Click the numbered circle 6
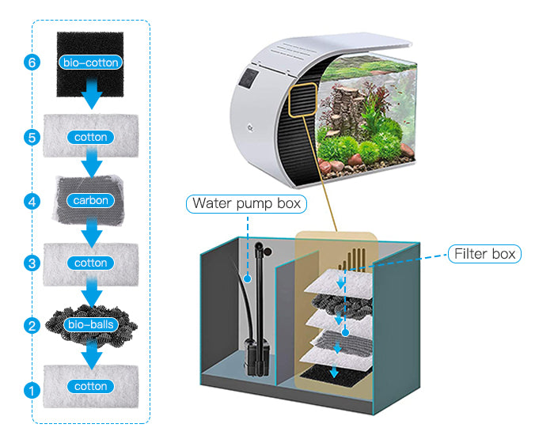click(32, 63)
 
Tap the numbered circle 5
click(32, 137)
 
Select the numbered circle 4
click(32, 202)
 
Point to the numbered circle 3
click(32, 263)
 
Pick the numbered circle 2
click(32, 325)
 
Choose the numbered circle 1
click(32, 389)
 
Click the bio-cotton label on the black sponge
click(91, 61)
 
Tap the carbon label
click(91, 200)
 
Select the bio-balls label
click(91, 324)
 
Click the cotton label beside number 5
click(91, 137)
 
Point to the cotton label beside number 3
click(91, 263)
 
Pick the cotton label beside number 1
click(91, 387)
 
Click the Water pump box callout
click(247, 203)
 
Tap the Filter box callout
click(484, 254)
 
